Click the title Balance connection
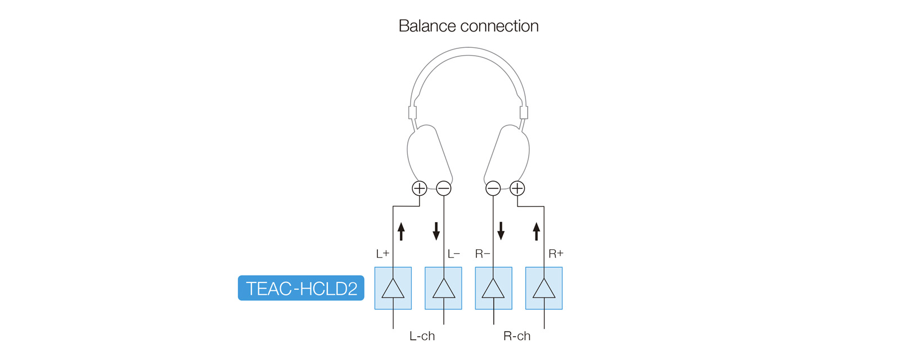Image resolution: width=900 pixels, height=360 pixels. (469, 26)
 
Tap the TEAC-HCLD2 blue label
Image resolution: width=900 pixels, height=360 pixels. (301, 288)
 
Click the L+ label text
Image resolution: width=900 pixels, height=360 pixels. (382, 254)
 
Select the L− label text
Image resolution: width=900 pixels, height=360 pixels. (453, 254)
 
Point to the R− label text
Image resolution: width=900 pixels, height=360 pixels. (483, 254)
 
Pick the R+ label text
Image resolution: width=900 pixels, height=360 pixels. (556, 254)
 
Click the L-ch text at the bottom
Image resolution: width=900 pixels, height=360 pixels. (422, 336)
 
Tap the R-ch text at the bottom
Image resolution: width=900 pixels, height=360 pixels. (517, 336)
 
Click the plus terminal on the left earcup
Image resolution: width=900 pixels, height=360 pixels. (420, 188)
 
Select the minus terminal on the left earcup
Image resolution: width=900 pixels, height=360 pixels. (444, 188)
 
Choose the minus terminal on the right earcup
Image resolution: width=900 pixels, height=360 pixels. (493, 188)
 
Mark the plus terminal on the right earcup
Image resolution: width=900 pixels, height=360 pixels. (517, 188)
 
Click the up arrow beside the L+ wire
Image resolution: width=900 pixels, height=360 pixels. (401, 231)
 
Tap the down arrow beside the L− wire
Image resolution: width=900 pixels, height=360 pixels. (436, 231)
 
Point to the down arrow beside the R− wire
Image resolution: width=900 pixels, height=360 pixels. (501, 231)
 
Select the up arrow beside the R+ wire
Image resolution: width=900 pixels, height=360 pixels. (537, 231)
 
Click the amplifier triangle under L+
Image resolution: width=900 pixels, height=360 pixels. (393, 289)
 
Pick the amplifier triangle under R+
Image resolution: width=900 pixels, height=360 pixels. (544, 289)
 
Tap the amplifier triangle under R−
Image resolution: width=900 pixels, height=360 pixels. (493, 289)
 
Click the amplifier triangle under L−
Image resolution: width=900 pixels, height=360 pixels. (444, 289)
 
